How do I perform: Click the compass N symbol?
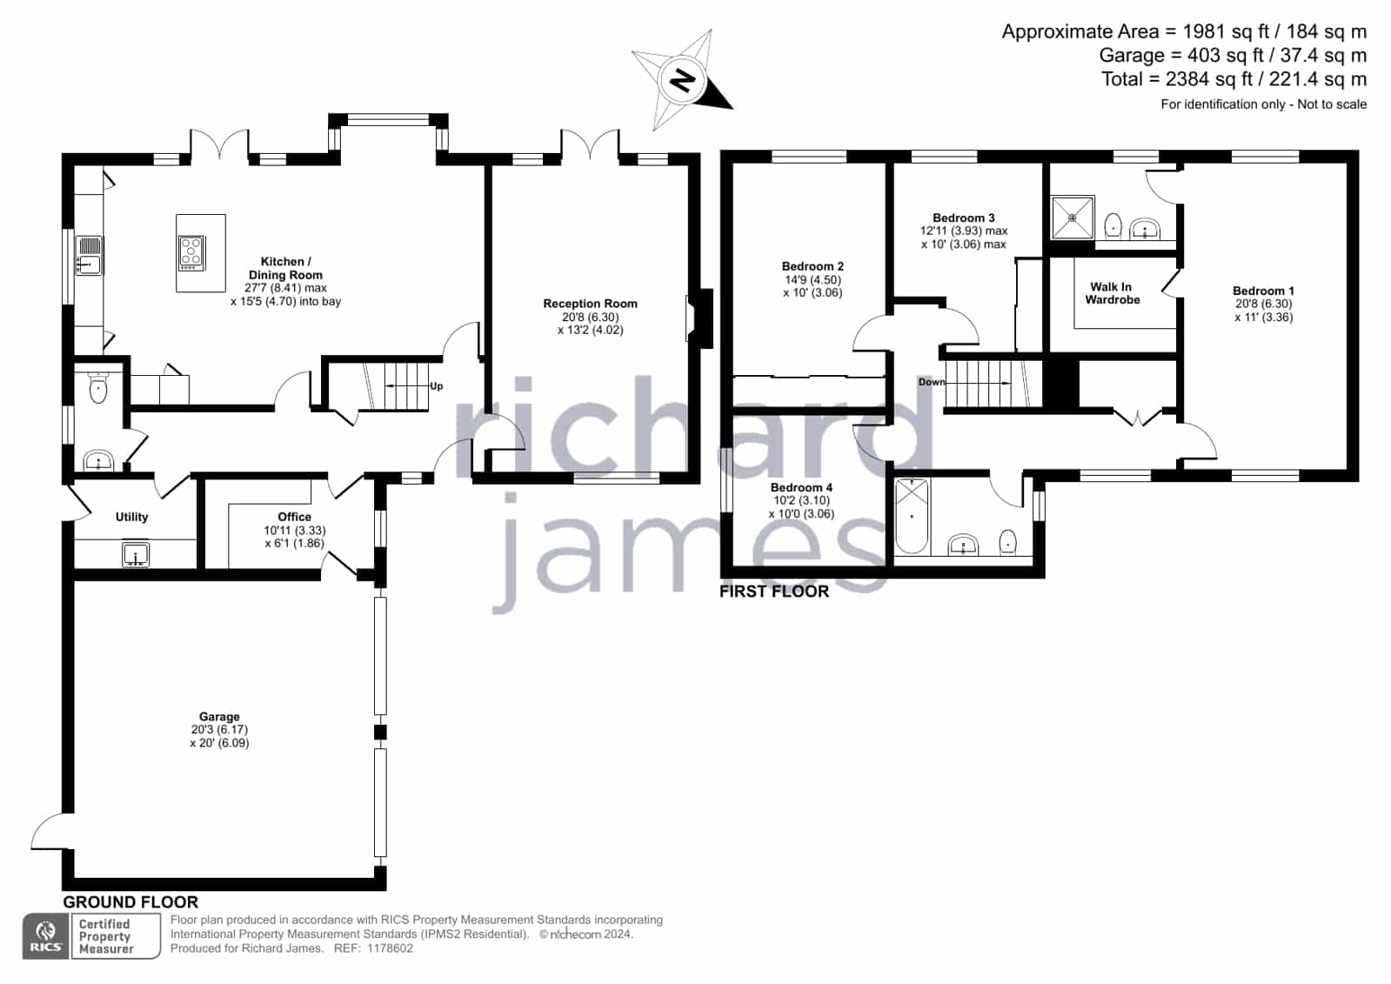(x=682, y=80)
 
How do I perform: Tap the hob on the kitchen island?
(x=191, y=252)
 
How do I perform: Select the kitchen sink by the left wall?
(x=90, y=255)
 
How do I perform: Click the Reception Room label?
(x=590, y=304)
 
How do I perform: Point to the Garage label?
(x=219, y=716)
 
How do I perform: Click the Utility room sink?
(x=136, y=555)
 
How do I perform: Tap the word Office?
(x=294, y=517)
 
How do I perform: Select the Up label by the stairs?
(x=436, y=386)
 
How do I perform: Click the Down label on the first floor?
(x=932, y=382)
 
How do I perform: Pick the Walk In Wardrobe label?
(x=1112, y=293)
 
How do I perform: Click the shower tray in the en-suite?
(x=1073, y=218)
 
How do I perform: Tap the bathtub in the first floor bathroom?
(x=912, y=516)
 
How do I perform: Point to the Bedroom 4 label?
(x=801, y=488)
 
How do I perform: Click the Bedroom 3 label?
(x=964, y=218)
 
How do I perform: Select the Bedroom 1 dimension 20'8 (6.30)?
(x=1264, y=304)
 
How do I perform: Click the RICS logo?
(x=46, y=936)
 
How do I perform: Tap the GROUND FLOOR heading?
(x=130, y=902)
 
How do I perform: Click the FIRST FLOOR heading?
(x=774, y=592)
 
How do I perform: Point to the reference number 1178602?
(x=390, y=948)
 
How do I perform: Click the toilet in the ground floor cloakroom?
(x=98, y=389)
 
